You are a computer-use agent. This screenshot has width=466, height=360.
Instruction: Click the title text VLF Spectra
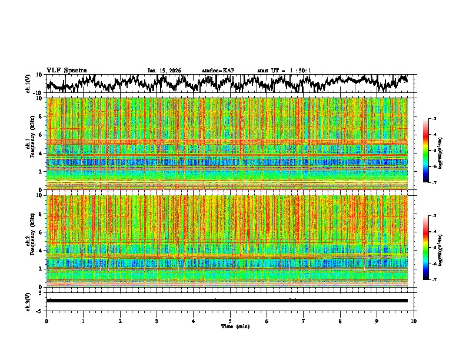coord(66,70)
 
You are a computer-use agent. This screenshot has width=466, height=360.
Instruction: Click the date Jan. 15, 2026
coord(164,71)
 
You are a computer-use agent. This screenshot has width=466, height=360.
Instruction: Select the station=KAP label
coord(218,71)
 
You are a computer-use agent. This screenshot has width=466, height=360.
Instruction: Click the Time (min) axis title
coord(230,326)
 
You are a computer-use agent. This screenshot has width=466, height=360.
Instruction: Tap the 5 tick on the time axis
coord(230,321)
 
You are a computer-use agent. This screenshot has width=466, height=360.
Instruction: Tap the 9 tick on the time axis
coord(377,321)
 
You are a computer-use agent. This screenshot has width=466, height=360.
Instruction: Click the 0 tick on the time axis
coord(46,321)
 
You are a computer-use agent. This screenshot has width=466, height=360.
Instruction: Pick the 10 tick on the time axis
coord(414,321)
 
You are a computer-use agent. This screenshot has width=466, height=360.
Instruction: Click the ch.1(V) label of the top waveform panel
coord(28,84)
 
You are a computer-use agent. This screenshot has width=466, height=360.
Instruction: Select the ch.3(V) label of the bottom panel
coord(28,301)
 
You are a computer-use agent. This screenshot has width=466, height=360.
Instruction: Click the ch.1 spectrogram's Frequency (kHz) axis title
coord(34,144)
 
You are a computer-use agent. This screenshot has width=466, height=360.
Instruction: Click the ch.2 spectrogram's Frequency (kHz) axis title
coord(34,241)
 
